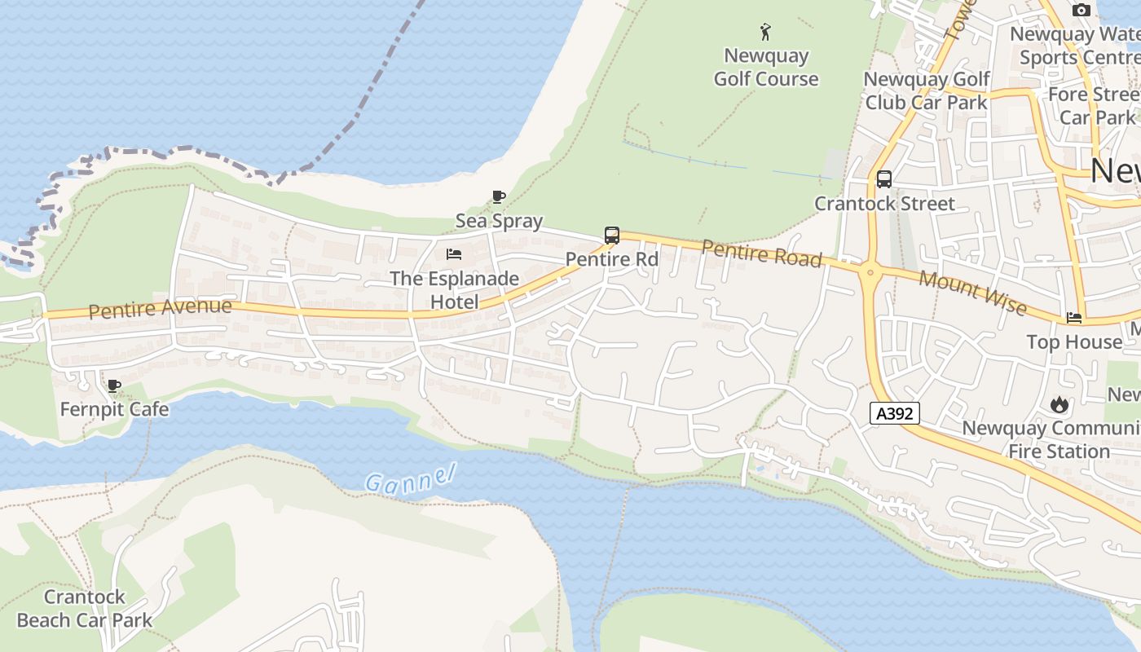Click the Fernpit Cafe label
click(114, 408)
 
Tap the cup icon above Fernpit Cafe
click(114, 385)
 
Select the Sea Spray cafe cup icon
click(499, 196)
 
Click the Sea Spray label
click(499, 221)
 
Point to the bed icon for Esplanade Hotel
click(454, 254)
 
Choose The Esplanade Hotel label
click(454, 290)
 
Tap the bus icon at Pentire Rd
click(612, 236)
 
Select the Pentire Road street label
click(761, 253)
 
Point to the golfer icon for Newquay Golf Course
click(765, 33)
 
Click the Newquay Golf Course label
click(766, 68)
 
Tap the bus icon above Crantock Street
click(884, 179)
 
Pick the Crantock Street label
click(884, 203)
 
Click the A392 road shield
click(894, 414)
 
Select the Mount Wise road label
click(972, 291)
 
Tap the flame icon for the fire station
click(1059, 403)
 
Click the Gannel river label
click(410, 478)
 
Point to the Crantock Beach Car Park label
click(85, 609)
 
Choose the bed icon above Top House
click(1074, 318)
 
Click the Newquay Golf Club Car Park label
click(927, 90)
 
